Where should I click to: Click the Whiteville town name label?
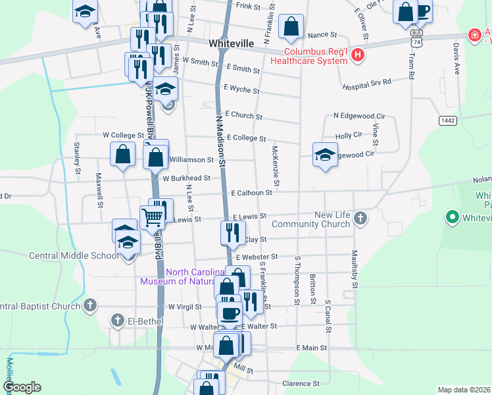tap(231, 43)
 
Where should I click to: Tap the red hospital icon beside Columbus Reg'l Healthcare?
tap(357, 55)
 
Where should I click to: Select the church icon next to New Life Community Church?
tap(360, 217)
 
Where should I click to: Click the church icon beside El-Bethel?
tap(118, 321)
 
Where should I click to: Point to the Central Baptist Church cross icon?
tap(91, 305)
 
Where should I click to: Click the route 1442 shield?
tap(448, 120)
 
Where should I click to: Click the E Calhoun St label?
tap(252, 193)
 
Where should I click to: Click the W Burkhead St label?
tap(187, 178)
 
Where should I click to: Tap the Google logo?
tap(22, 387)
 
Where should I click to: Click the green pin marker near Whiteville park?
tap(452, 216)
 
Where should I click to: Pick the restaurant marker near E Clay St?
tap(232, 232)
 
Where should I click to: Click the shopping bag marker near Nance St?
tap(290, 27)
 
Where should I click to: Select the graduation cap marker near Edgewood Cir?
tap(324, 155)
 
